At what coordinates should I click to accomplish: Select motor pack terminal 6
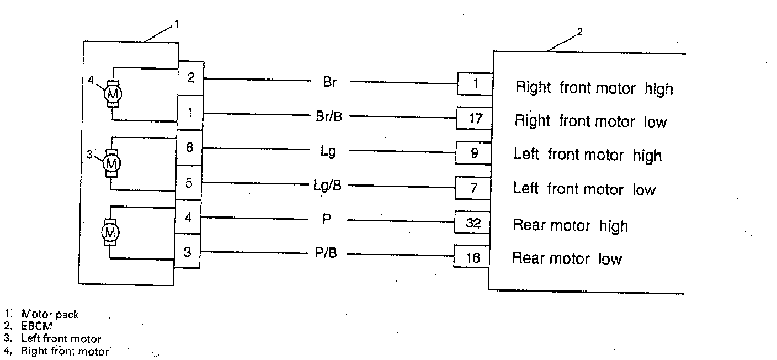point(189,148)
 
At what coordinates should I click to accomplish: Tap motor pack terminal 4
point(189,217)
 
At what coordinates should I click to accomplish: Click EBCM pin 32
point(473,223)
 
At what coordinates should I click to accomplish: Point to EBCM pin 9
point(474,153)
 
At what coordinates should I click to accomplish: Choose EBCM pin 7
point(473,188)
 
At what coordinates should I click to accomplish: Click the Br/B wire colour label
point(329,117)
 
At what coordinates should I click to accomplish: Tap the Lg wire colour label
point(328,151)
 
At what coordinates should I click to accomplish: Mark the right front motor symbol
point(113,94)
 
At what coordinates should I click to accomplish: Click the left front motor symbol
point(113,163)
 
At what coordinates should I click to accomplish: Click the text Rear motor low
point(567,258)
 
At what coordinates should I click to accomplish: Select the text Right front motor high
point(594,88)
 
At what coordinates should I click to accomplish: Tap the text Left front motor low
point(584,189)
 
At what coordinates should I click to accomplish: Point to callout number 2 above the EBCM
point(579,31)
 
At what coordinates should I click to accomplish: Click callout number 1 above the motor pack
point(177,24)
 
